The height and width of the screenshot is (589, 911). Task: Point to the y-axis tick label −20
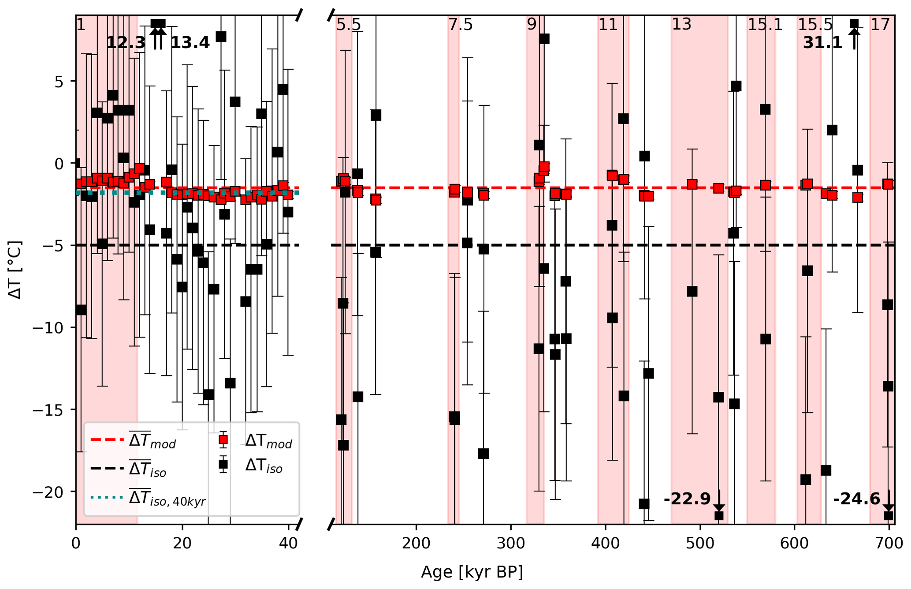(48, 492)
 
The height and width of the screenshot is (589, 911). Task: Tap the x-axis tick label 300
(511, 543)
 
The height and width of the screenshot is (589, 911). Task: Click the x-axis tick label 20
(182, 543)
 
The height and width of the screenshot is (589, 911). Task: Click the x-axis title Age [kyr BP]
(472, 572)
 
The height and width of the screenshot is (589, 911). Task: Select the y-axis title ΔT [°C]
(15, 270)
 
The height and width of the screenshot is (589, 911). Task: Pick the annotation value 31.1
(822, 43)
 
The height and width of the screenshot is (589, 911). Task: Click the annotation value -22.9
(687, 499)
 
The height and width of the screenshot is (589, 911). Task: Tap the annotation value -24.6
(856, 499)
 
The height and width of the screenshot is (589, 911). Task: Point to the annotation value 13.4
(190, 43)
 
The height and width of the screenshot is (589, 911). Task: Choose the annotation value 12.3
(126, 43)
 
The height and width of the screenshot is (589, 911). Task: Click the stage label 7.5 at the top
(460, 25)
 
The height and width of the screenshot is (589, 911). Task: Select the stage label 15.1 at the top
(765, 25)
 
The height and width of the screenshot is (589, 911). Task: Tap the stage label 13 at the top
(681, 25)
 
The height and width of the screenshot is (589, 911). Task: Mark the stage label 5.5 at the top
(348, 25)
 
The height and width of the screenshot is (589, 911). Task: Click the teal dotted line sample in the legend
(107, 497)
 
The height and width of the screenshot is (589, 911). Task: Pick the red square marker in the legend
(223, 439)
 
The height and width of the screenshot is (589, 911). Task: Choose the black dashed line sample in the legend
(107, 468)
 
